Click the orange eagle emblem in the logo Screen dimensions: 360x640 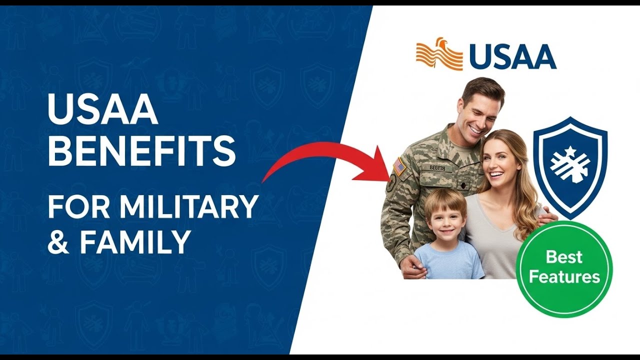(x=439, y=53)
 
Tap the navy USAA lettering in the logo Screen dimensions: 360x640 (x=512, y=56)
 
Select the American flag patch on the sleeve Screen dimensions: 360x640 (x=399, y=166)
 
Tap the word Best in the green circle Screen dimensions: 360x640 (x=564, y=257)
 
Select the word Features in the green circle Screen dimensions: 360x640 (x=564, y=276)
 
